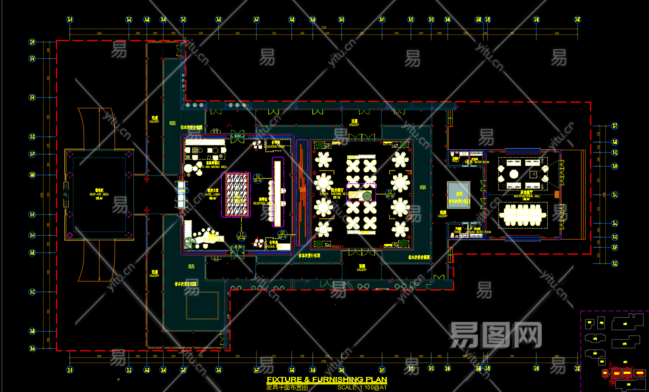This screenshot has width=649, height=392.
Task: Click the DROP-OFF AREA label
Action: point(99,194)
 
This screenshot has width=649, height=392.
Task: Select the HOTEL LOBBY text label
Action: point(212,195)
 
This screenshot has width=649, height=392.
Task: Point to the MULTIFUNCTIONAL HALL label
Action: point(527,196)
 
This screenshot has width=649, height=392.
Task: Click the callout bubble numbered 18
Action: point(258,177)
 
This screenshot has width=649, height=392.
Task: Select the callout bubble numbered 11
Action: point(241,235)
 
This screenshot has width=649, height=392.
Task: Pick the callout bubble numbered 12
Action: point(389,193)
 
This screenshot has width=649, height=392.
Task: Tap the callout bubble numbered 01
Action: point(282,234)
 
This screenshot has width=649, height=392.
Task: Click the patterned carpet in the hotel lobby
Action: point(236,195)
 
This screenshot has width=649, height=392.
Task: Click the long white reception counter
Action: point(277,192)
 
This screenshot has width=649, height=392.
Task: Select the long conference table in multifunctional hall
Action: point(523,213)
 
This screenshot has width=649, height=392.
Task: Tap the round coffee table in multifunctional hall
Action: point(514,174)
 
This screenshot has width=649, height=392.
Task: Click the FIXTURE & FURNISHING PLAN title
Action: point(327,379)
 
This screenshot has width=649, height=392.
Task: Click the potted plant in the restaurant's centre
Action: point(367,196)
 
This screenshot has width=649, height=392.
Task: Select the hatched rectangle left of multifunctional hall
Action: point(458,195)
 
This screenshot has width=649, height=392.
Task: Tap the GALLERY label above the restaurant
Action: point(354,123)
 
